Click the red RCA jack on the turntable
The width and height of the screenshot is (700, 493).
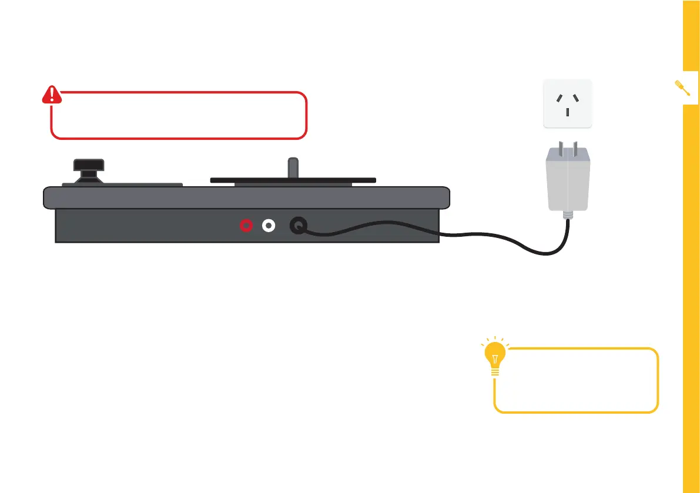246,225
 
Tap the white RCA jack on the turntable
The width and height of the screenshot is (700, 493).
269,225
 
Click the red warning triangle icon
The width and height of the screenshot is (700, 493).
52,95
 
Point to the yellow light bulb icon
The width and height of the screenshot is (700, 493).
495,356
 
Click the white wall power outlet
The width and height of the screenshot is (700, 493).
567,103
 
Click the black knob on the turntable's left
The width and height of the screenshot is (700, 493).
89,166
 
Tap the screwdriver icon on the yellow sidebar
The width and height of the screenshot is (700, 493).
684,88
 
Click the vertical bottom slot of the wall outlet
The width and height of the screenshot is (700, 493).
567,111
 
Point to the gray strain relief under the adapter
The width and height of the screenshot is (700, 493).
567,216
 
